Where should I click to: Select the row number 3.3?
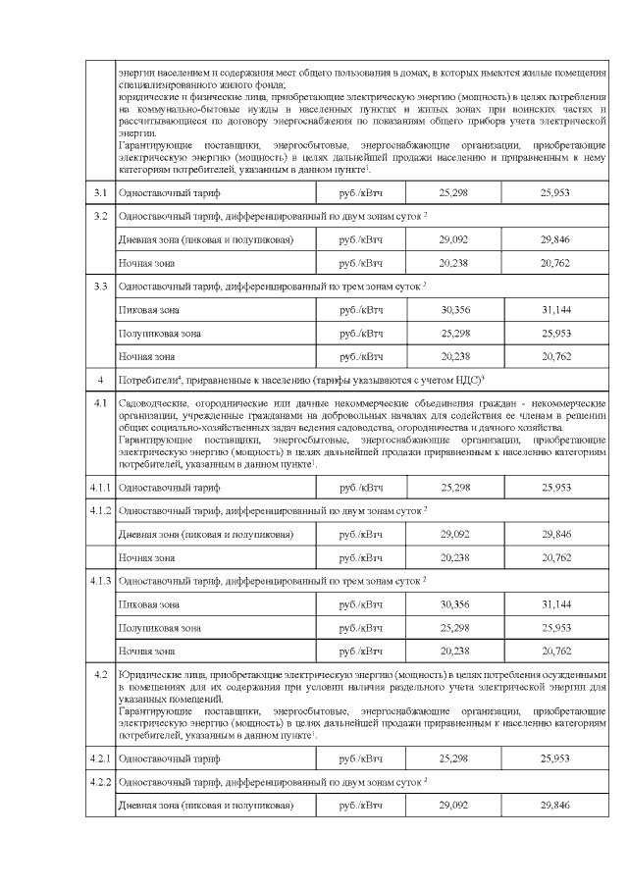point(100,287)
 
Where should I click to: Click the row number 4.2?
point(100,676)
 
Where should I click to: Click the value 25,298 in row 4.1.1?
point(454,487)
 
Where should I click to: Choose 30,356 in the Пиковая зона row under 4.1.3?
point(454,603)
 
